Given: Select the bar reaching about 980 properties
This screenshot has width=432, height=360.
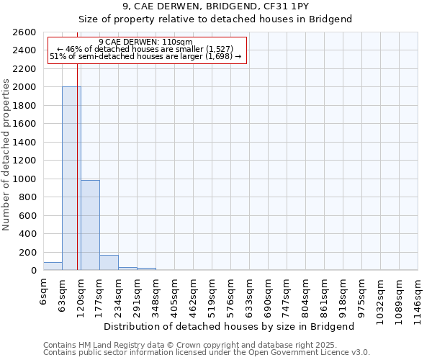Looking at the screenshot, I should coord(90,225).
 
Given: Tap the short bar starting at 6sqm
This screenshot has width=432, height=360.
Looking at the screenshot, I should coord(53,266).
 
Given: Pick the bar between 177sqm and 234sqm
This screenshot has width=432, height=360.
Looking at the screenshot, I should coord(109,263).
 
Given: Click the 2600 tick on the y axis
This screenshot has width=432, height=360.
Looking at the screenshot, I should coord(26,32).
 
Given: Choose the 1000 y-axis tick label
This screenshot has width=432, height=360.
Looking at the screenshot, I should coord(26,179).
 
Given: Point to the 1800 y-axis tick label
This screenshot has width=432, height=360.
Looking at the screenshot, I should coord(26,106).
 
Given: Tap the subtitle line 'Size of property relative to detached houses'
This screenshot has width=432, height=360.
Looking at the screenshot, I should coord(215,19).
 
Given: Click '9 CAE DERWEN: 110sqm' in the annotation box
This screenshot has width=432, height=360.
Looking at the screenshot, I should coord(145,42).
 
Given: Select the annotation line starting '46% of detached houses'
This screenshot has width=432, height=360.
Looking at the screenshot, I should coord(146,49).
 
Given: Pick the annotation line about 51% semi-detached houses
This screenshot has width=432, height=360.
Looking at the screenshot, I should coord(146,56).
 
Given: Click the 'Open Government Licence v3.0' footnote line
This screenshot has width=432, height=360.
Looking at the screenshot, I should coord(207,353).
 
